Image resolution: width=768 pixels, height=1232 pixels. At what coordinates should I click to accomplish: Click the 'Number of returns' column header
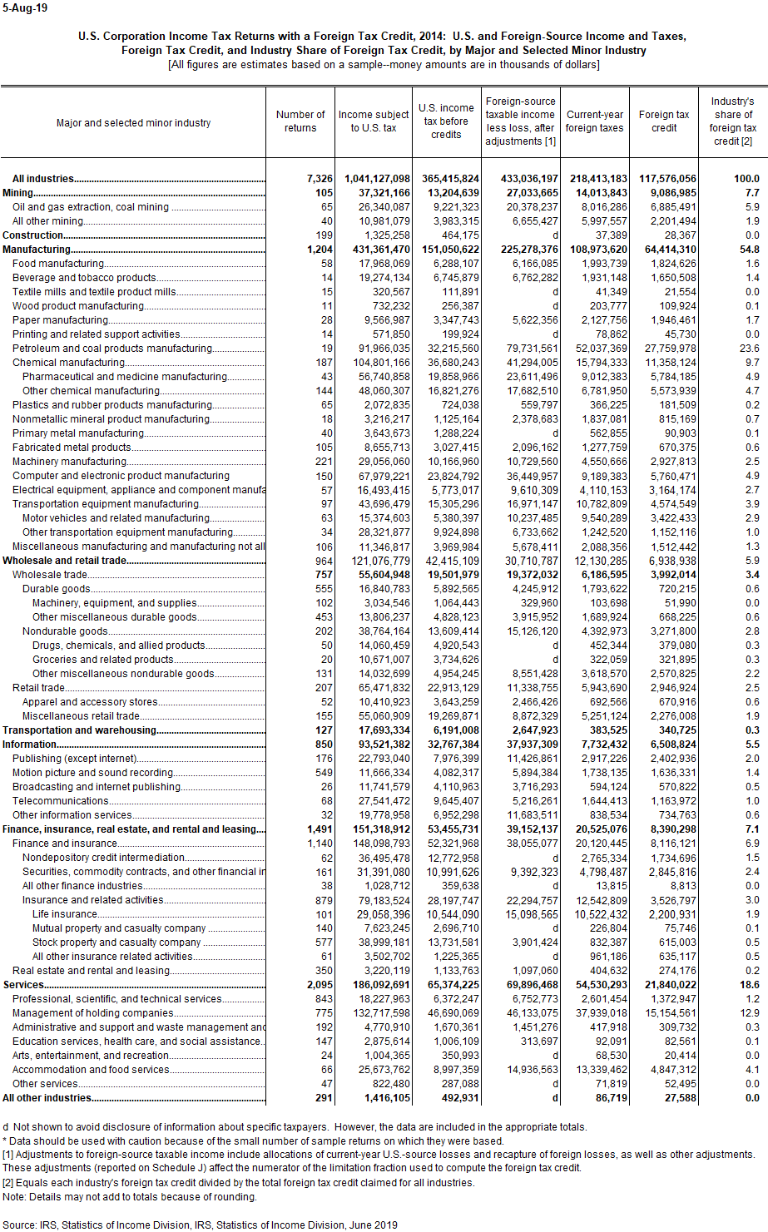click(300, 121)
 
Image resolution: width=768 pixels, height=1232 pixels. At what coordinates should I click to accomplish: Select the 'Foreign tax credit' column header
click(664, 121)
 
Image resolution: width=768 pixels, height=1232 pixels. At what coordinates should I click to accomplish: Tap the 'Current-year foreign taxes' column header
click(595, 121)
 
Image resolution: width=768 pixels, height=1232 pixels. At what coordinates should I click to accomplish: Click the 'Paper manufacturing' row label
click(60, 320)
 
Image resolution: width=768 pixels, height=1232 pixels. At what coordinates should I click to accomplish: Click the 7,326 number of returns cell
click(319, 179)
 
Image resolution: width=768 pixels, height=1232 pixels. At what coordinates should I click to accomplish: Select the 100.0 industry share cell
click(746, 179)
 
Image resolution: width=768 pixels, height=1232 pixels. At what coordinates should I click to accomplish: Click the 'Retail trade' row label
click(38, 688)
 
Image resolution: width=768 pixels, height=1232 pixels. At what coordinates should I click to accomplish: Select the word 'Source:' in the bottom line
click(20, 1225)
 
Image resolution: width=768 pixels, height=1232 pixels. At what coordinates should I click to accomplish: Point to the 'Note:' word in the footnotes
click(14, 1197)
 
